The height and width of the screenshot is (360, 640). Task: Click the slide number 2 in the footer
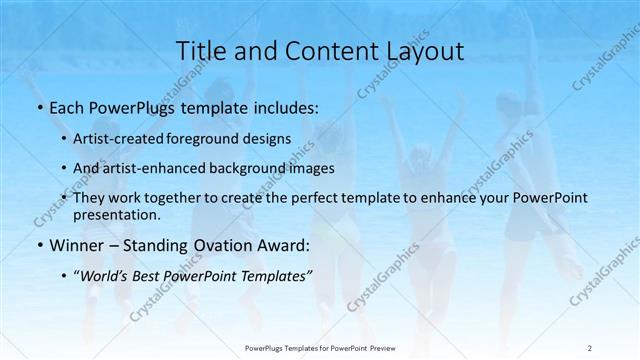click(x=589, y=347)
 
